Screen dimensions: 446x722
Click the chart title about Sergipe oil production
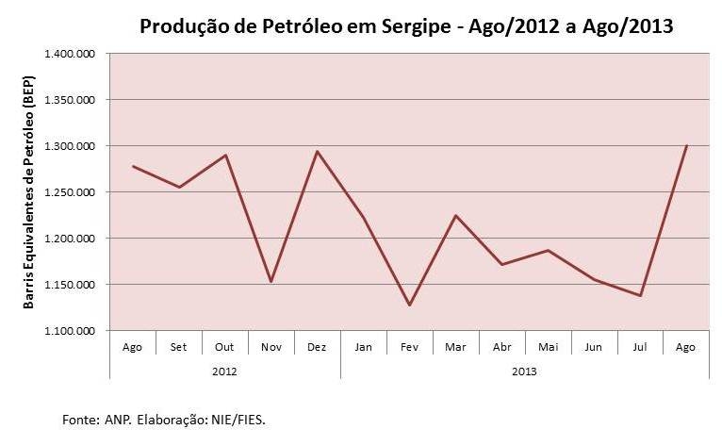(406, 25)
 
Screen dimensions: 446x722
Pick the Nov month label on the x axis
(271, 347)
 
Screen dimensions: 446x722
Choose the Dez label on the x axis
(318, 347)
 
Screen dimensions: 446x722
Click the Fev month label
(409, 347)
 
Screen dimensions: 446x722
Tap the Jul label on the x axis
(640, 347)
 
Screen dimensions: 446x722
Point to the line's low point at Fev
(409, 306)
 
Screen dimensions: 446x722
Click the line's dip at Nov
(271, 282)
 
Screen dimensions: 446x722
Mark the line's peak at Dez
(318, 151)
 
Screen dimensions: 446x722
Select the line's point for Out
(226, 155)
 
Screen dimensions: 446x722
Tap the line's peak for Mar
(455, 215)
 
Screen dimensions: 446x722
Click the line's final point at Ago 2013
(686, 145)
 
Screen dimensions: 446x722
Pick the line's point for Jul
(640, 296)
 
